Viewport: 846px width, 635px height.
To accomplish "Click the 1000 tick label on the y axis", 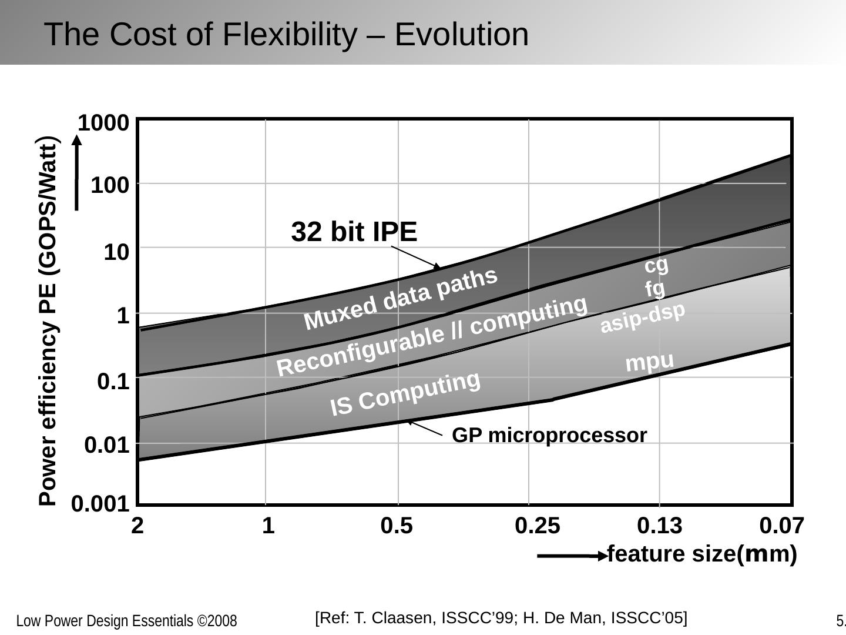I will [103, 123].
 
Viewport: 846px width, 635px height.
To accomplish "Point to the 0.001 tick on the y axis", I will [100, 504].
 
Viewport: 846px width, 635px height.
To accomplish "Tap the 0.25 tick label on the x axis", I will [537, 526].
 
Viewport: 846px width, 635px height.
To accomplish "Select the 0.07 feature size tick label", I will [781, 526].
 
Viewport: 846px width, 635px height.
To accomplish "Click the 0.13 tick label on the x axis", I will [659, 526].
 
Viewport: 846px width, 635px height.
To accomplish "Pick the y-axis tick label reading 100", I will [110, 185].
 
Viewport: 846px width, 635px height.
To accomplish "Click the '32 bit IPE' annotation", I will [354, 232].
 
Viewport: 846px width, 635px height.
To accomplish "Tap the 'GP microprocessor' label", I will [549, 435].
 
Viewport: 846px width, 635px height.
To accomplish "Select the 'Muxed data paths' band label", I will [401, 299].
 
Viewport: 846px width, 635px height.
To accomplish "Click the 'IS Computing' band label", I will [405, 394].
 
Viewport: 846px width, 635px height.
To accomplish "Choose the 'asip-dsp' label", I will [642, 317].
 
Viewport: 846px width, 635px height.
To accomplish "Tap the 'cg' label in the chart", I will [656, 265].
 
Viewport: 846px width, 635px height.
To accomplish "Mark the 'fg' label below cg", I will [655, 289].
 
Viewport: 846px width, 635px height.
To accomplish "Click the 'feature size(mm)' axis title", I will [701, 554].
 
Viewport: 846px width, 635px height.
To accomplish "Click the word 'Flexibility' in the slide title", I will [288, 34].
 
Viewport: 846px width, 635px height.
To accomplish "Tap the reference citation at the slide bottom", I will [501, 618].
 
